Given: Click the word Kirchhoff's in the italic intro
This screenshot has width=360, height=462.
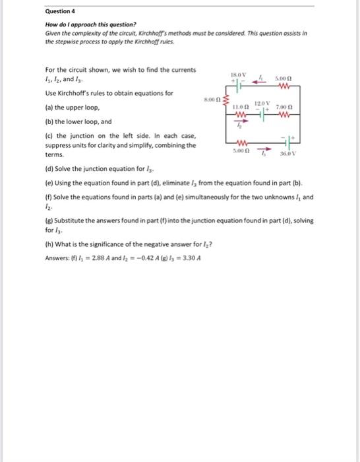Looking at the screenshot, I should point(148,32).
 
